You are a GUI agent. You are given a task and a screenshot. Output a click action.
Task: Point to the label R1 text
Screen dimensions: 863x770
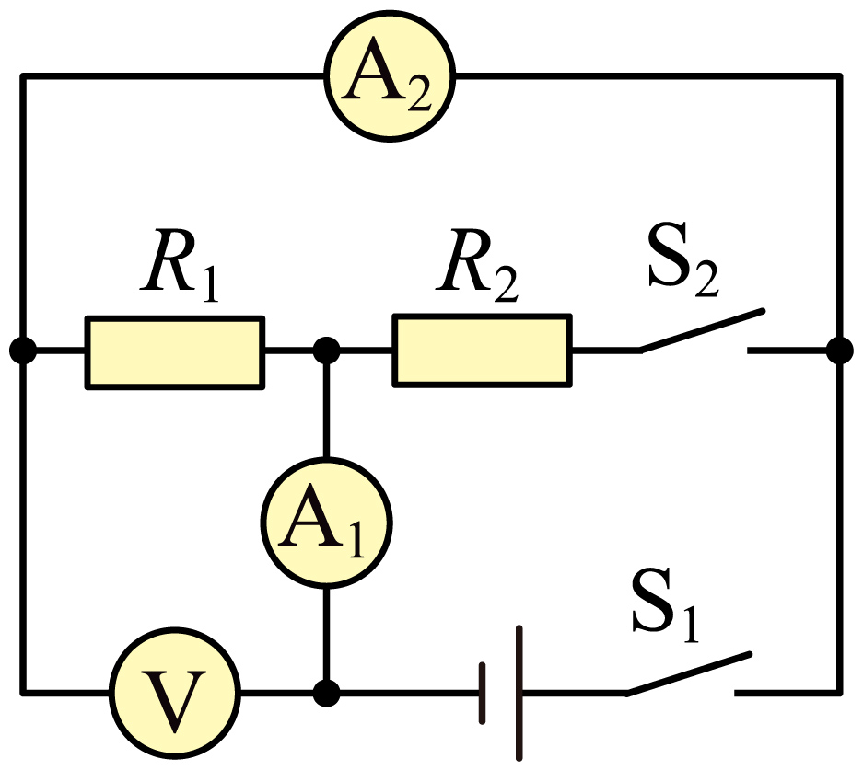(180, 266)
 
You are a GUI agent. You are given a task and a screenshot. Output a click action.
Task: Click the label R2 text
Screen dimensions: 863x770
(477, 266)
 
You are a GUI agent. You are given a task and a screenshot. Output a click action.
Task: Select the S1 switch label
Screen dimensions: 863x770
(665, 604)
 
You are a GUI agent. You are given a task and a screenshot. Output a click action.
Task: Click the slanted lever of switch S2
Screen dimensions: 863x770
(701, 330)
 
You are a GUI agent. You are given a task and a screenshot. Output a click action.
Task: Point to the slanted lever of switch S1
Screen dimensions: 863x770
(688, 673)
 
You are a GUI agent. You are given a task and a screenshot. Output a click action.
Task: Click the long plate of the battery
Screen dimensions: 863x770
(519, 693)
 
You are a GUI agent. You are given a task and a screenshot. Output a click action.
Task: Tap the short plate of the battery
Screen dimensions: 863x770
(482, 693)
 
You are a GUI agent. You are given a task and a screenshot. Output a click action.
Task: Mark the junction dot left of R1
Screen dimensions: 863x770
(23, 351)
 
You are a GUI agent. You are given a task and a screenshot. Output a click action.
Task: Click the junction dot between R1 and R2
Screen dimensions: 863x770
(326, 351)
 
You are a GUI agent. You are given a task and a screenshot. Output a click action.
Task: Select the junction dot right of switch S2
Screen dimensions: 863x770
(840, 351)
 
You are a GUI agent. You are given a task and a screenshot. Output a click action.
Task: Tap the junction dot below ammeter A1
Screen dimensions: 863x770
(326, 693)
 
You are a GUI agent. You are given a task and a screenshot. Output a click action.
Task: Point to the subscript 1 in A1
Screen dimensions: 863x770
(356, 543)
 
